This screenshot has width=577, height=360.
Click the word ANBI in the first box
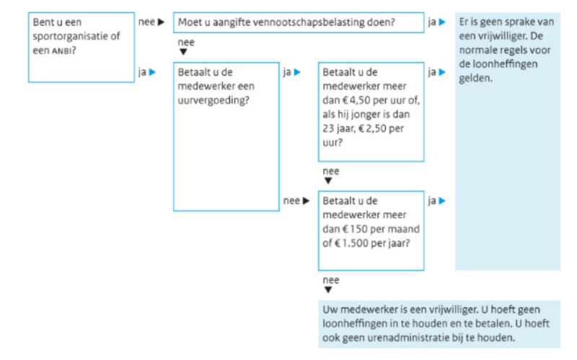[x=62, y=51]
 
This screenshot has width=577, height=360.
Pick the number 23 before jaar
[x=329, y=129]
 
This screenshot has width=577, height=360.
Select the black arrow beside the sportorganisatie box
[x=161, y=22]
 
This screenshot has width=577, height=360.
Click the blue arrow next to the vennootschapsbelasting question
[x=442, y=22]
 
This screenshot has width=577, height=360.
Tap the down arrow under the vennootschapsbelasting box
[x=183, y=52]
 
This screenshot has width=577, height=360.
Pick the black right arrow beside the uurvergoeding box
[x=306, y=201]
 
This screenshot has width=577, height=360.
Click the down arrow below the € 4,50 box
[x=328, y=181]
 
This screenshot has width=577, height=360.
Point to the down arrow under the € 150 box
[x=328, y=290]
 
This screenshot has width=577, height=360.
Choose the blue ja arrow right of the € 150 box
[x=442, y=201]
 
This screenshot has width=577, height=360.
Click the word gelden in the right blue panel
[x=475, y=79]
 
